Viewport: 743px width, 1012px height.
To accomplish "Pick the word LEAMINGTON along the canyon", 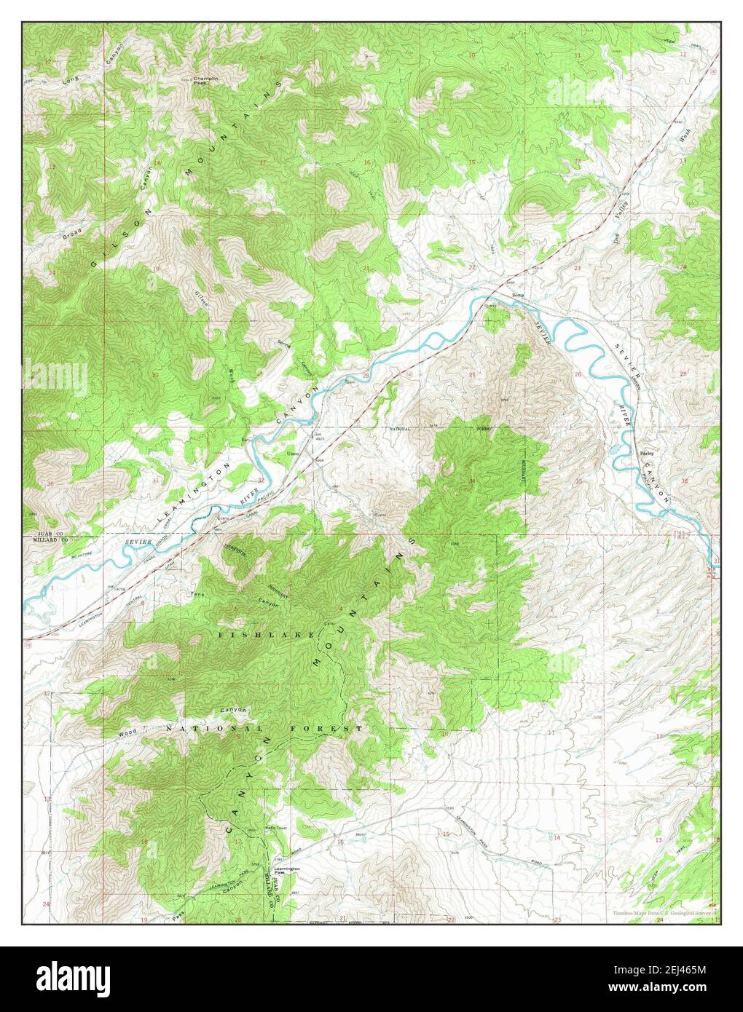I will [188, 494].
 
